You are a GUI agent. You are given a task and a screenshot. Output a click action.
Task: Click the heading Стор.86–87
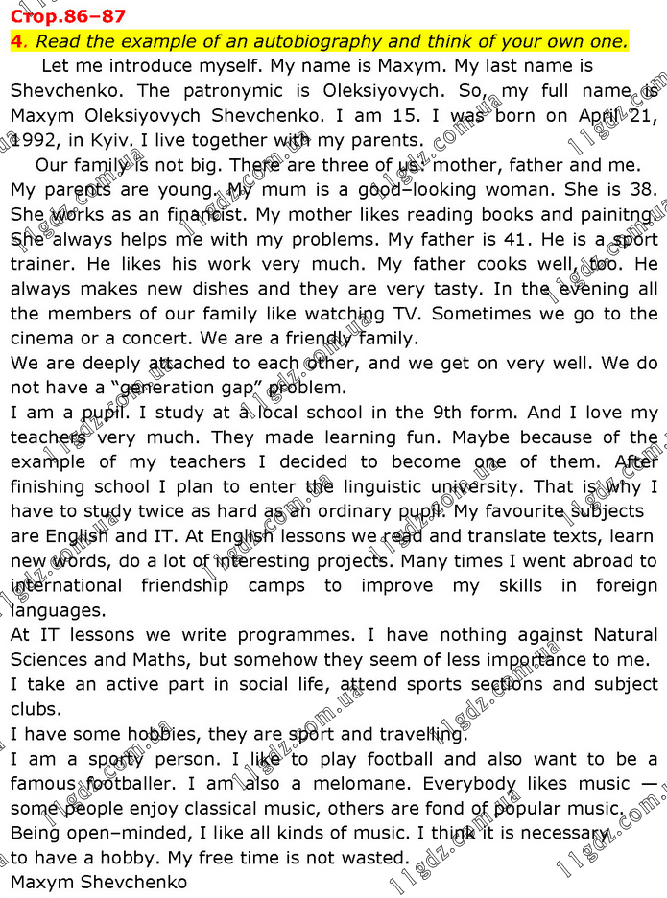tap(67, 16)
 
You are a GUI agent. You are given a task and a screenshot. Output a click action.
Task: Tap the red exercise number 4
tap(15, 41)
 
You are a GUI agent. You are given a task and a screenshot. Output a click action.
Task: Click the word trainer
tap(40, 264)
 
